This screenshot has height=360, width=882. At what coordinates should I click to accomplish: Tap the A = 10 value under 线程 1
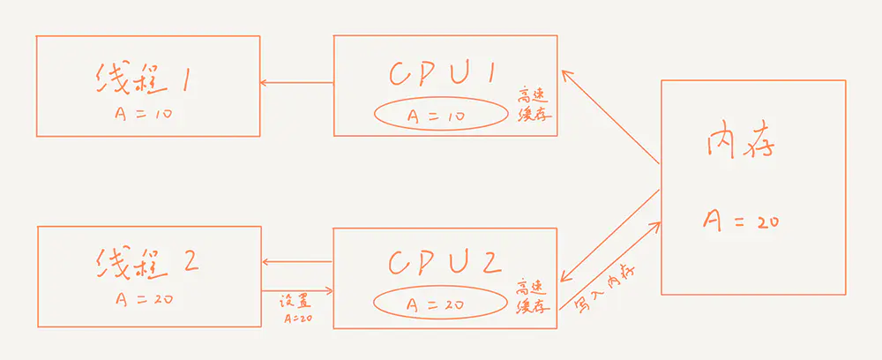[x=140, y=115]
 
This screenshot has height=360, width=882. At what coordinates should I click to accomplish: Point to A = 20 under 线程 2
[x=144, y=298]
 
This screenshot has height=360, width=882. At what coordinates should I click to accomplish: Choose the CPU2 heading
[x=444, y=262]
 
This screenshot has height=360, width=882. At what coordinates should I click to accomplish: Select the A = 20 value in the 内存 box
[x=740, y=221]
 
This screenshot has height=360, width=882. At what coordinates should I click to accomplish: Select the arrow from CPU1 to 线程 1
[x=296, y=84]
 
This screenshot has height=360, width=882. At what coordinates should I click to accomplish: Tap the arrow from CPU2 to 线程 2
[x=297, y=262]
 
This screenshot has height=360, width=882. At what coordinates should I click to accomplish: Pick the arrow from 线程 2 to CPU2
[x=297, y=290]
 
